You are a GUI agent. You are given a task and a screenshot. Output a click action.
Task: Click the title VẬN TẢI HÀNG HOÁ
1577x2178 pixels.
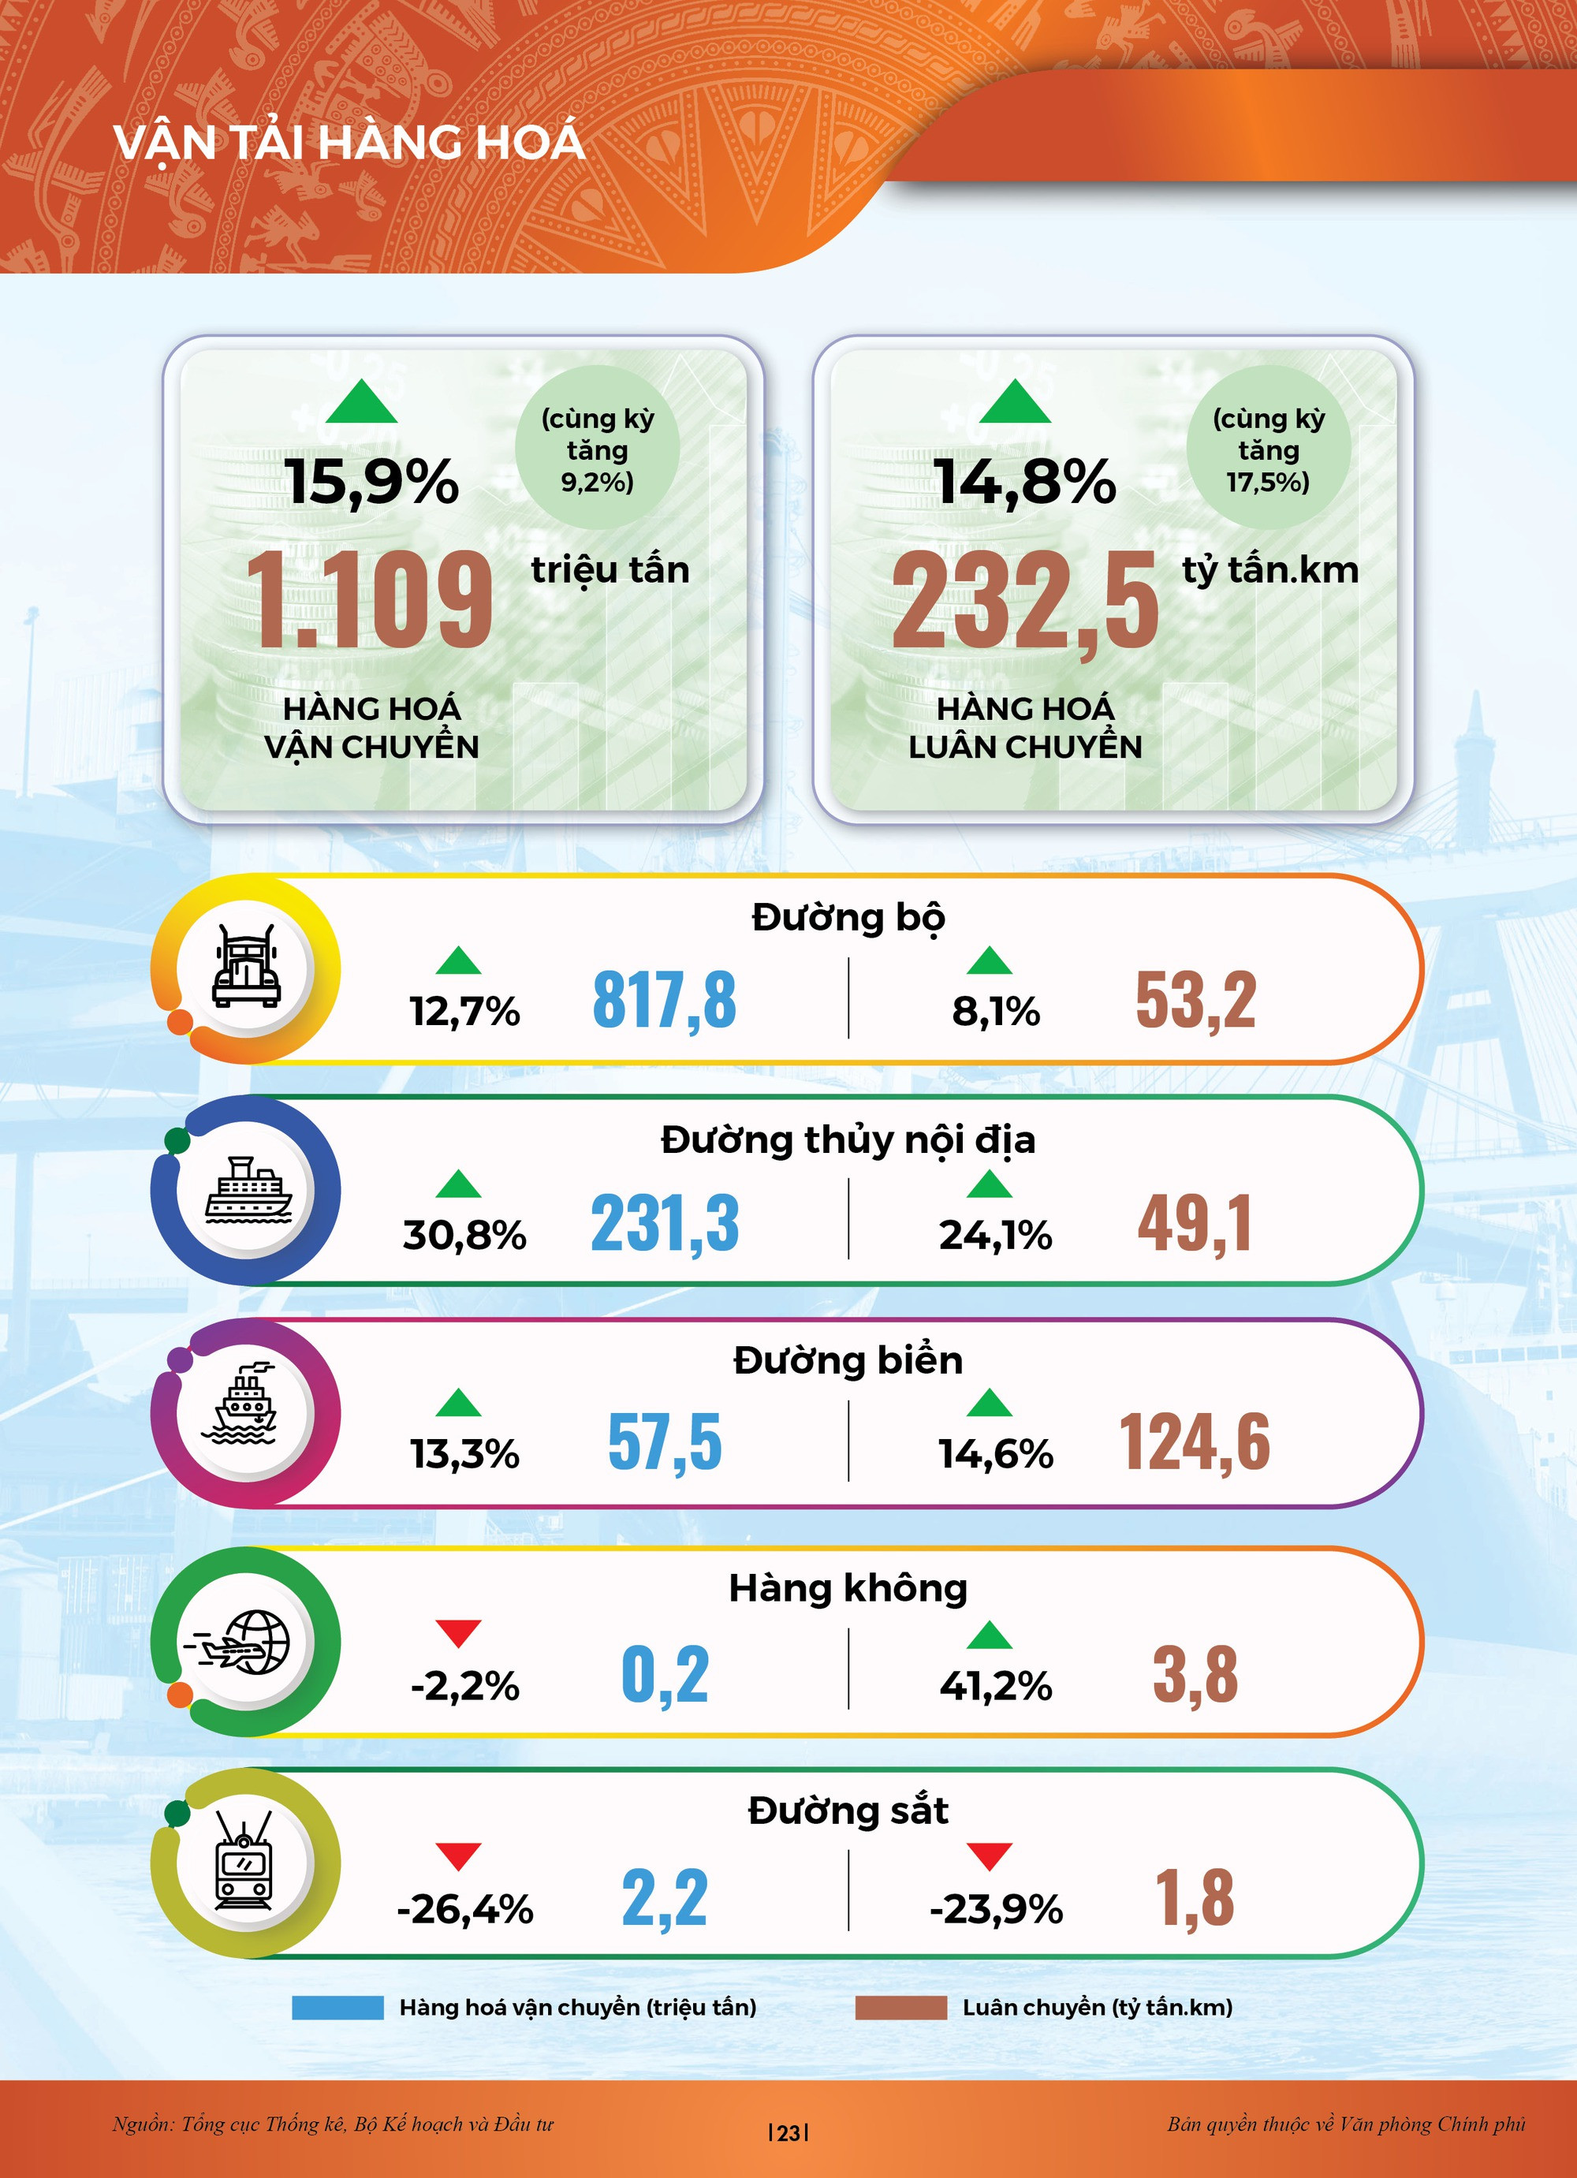[x=349, y=142]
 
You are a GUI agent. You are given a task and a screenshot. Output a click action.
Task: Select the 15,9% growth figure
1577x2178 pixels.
[x=371, y=482]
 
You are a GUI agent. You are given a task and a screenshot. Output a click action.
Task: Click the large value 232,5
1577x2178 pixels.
[x=1025, y=602]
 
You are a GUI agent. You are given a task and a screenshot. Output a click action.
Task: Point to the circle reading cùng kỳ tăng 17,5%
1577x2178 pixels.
[x=1268, y=449]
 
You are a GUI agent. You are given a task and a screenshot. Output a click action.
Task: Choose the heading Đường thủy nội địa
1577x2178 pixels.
[x=848, y=1140]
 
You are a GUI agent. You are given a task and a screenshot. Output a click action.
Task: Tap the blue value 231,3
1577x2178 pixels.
[x=665, y=1223]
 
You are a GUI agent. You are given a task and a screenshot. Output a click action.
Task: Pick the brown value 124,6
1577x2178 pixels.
[x=1195, y=1442]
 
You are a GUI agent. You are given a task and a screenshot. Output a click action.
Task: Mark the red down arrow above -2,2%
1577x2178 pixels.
[x=458, y=1632]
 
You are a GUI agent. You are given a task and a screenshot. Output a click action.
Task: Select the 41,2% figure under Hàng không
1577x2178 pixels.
[x=996, y=1685]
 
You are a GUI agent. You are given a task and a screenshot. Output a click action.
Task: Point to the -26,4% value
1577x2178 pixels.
[x=465, y=1909]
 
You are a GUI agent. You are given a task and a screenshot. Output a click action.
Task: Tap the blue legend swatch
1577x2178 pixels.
[x=337, y=2007]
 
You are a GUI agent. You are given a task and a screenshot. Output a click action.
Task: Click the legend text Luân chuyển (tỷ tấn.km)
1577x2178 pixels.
[x=1097, y=2007]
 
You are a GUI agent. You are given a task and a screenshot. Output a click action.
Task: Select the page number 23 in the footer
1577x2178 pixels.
[x=788, y=2133]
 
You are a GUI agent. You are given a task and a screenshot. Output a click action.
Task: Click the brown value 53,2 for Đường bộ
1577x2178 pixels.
[x=1195, y=1001]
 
